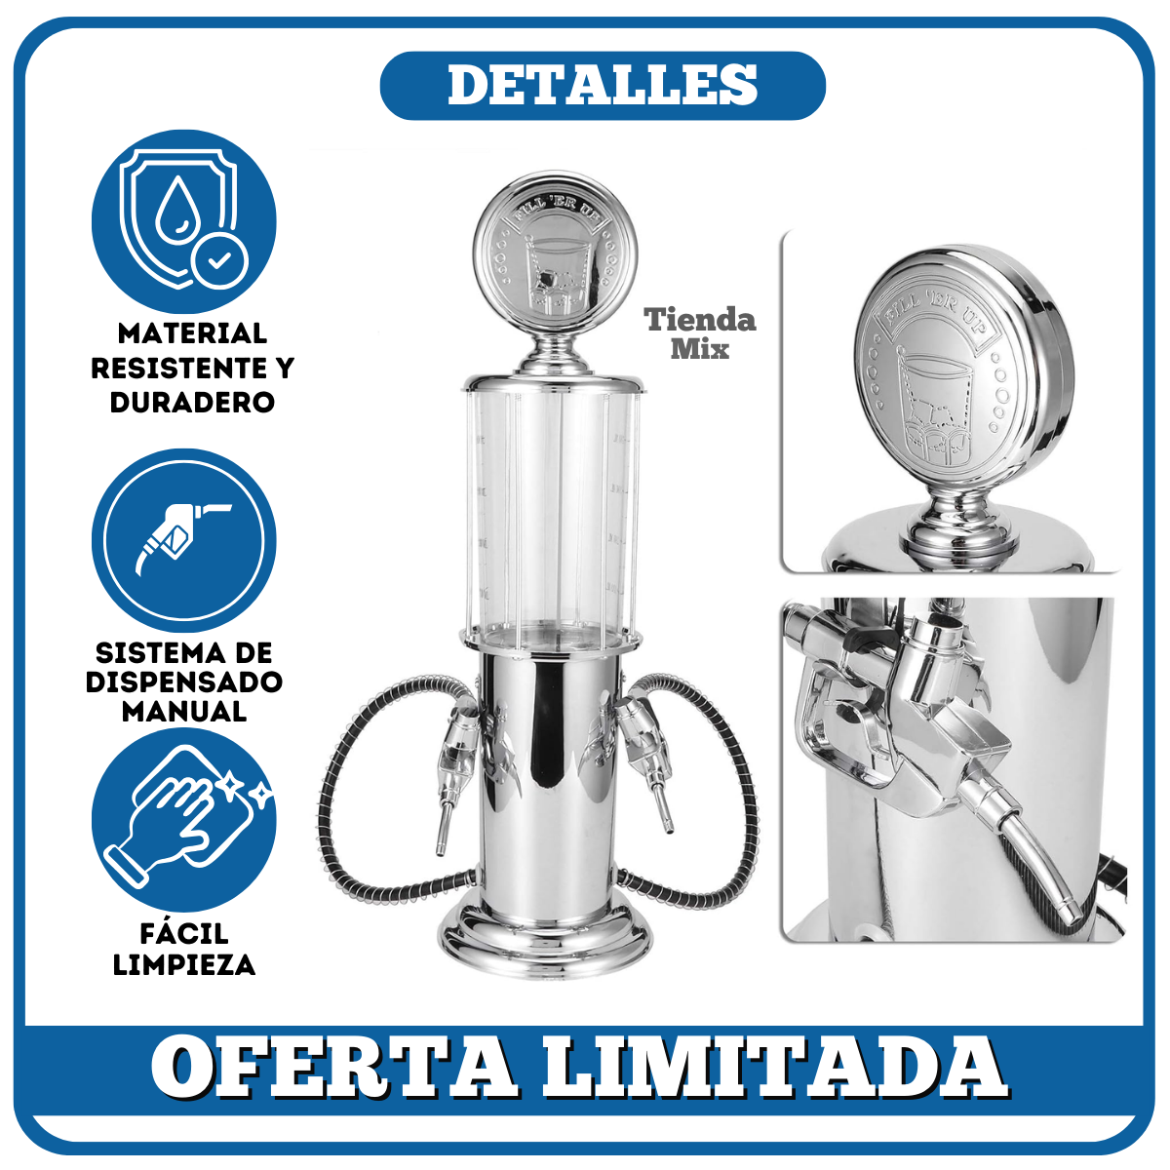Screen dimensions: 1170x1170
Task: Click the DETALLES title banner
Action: click(603, 85)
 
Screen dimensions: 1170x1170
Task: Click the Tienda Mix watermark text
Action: click(700, 333)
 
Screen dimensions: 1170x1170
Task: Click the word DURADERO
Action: click(192, 402)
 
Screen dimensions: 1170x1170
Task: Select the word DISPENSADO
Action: click(184, 682)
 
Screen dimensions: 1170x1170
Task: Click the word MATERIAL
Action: click(192, 332)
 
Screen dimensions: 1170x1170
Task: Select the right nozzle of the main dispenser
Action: click(649, 759)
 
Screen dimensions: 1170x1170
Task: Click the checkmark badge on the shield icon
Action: click(219, 261)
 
